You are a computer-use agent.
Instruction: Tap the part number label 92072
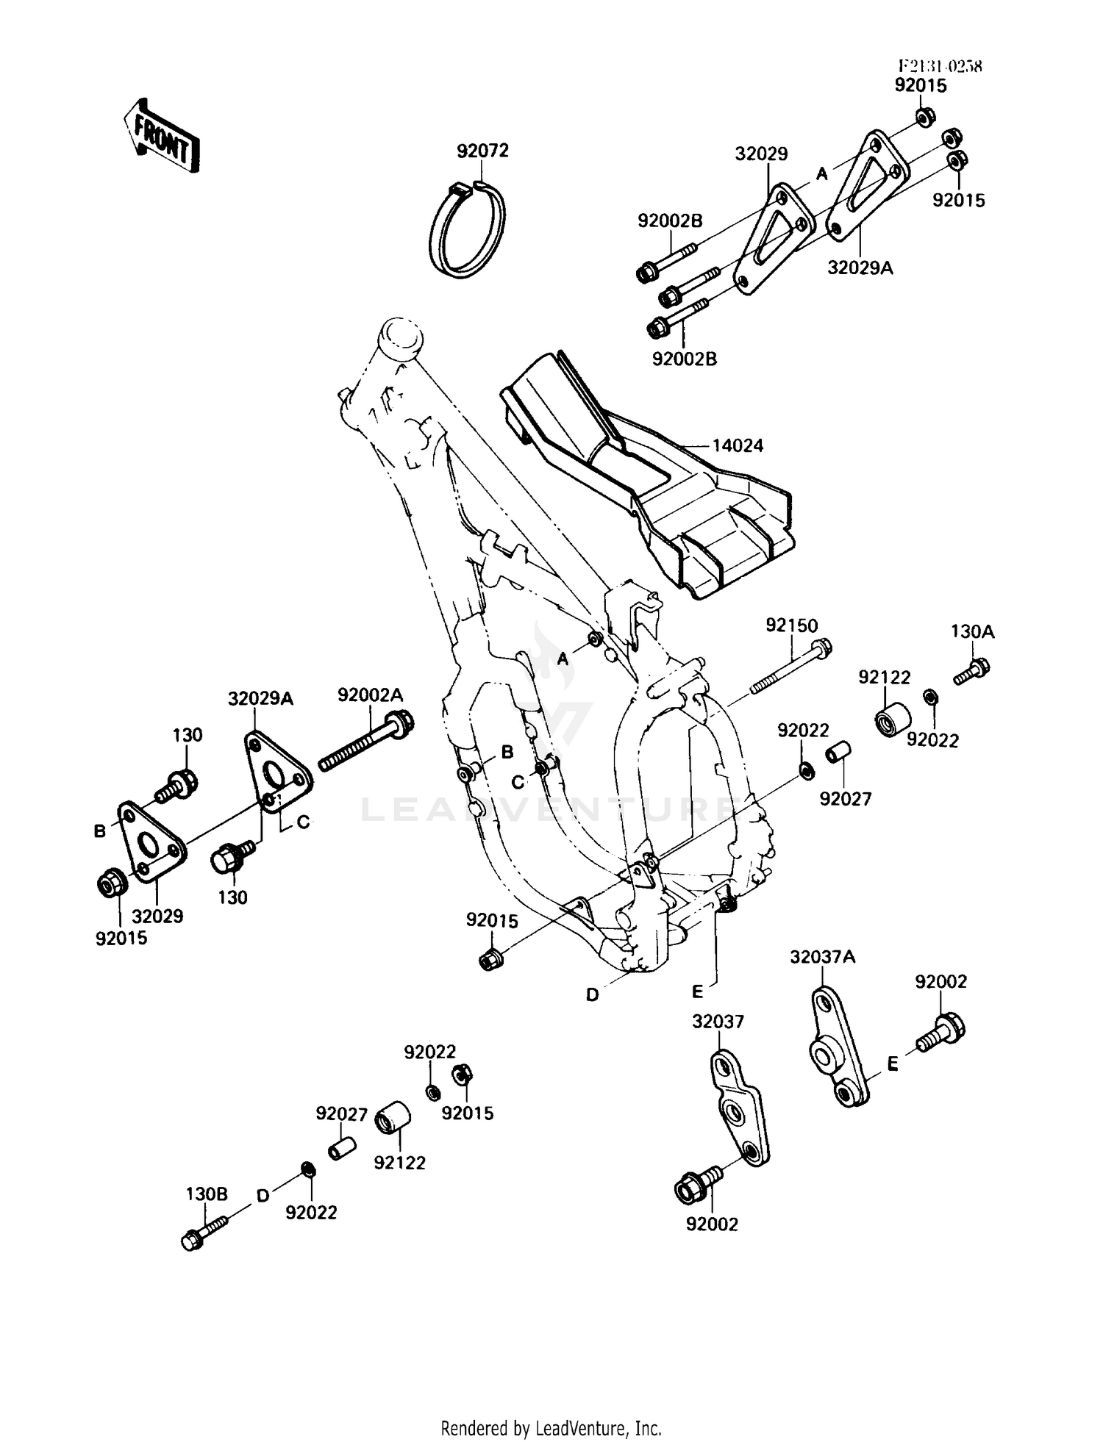(x=482, y=151)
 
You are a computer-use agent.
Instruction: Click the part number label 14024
(x=738, y=445)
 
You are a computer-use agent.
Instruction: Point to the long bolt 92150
(x=790, y=670)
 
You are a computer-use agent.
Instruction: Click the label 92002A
(x=371, y=695)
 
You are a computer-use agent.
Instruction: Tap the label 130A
(x=972, y=631)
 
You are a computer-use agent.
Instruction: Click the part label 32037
(x=718, y=1022)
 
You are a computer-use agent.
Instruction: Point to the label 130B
(x=207, y=1194)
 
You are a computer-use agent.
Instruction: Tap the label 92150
(x=791, y=625)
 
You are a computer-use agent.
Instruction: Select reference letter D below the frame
(x=593, y=995)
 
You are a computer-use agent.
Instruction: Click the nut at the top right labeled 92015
(x=925, y=116)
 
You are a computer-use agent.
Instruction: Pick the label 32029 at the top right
(x=761, y=154)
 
